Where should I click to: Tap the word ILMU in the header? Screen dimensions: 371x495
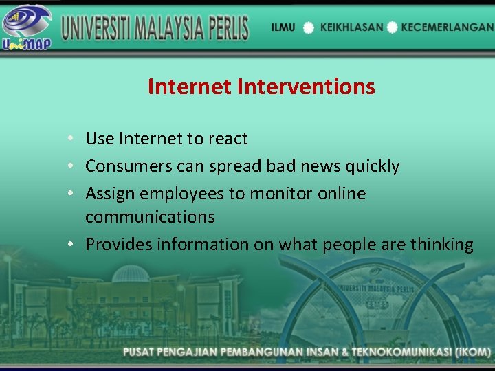tap(283, 27)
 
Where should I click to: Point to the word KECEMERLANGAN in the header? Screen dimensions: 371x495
tap(448, 27)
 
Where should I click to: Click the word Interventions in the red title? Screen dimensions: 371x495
tap(306, 87)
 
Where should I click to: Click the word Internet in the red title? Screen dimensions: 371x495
tap(189, 87)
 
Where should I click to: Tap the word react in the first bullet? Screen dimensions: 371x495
tap(228, 139)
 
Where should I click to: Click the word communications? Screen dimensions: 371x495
tap(150, 217)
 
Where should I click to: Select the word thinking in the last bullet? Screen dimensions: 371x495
tap(441, 245)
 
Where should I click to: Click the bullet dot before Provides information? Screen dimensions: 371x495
tap(72, 245)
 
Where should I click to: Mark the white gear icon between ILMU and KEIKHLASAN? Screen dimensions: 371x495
tap(309, 28)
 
